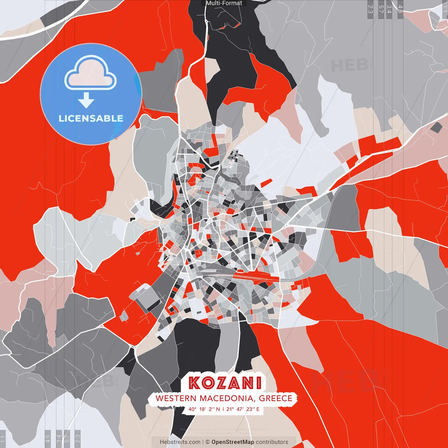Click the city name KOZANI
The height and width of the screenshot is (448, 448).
pyautogui.click(x=225, y=383)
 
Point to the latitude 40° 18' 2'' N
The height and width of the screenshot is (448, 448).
pyautogui.click(x=204, y=409)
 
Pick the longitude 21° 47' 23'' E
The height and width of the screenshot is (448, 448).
pyautogui.click(x=243, y=409)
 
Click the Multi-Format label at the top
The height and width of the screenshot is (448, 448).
pyautogui.click(x=224, y=3)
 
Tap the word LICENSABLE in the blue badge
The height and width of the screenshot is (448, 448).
pyautogui.click(x=91, y=118)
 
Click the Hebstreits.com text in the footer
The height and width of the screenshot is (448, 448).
pyautogui.click(x=180, y=442)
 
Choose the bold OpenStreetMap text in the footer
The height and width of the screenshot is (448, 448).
pyautogui.click(x=233, y=442)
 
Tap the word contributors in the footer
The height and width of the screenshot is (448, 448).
pyautogui.click(x=272, y=442)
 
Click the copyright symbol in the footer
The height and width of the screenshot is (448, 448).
pyautogui.click(x=207, y=442)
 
